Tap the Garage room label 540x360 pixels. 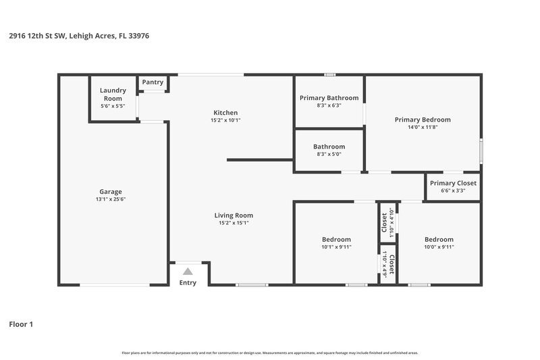pyautogui.click(x=111, y=191)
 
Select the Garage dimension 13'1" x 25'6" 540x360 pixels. pyautogui.click(x=111, y=199)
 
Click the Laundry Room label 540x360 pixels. pyautogui.click(x=113, y=94)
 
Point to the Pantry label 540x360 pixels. pyautogui.click(x=153, y=82)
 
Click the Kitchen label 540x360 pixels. pyautogui.click(x=225, y=112)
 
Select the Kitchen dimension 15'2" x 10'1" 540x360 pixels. pyautogui.click(x=225, y=120)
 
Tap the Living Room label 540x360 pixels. pyautogui.click(x=234, y=215)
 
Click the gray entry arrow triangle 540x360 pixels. pyautogui.click(x=188, y=271)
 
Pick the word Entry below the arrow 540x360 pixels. pyautogui.click(x=188, y=282)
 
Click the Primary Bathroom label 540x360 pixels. pyautogui.click(x=329, y=97)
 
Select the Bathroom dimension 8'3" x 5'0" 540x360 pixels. pyautogui.click(x=329, y=154)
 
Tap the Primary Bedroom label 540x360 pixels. pyautogui.click(x=423, y=120)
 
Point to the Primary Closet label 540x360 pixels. pyautogui.click(x=453, y=183)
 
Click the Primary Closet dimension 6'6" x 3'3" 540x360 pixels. pyautogui.click(x=453, y=191)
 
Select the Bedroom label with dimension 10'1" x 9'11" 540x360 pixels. pyautogui.click(x=335, y=239)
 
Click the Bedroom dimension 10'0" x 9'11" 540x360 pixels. pyautogui.click(x=439, y=247)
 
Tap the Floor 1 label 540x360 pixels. pyautogui.click(x=20, y=324)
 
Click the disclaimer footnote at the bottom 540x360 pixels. pyautogui.click(x=269, y=353)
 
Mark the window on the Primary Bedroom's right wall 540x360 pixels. pyautogui.click(x=481, y=151)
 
